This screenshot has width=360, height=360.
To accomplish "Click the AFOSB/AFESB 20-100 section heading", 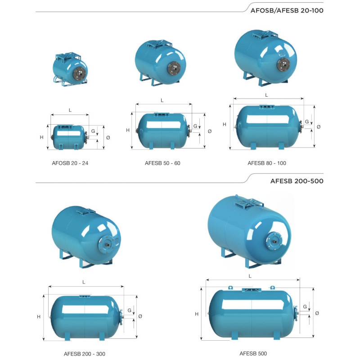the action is pos(287,10).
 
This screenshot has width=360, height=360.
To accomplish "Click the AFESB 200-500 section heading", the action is pos(297,181).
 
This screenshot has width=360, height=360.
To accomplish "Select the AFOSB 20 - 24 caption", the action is pos(70,163).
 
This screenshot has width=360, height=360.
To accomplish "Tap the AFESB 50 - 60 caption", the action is pos(162,163).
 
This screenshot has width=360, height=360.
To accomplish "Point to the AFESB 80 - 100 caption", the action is pos(267,163).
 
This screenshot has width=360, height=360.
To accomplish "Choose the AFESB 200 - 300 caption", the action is pos(85,354).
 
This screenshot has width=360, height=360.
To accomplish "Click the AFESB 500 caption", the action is pos(253,354).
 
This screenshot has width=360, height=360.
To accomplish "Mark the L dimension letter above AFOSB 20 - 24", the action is pos(70,110).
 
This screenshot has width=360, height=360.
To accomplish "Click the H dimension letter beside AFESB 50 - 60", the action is pos(128,130).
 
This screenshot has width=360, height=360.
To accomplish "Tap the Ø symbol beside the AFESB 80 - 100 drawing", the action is pos(319,127).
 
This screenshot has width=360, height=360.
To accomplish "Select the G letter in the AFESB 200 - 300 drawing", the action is pos(130,310).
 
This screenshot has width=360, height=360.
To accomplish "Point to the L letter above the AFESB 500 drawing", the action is pos(250,276).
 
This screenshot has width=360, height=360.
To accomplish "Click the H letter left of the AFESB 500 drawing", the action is pos(197,314).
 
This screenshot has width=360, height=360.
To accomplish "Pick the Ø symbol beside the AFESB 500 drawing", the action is pos(317,313).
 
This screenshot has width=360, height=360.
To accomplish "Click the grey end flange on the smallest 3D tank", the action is pos(80,74).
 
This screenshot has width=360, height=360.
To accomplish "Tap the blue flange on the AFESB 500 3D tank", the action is pos(274,241).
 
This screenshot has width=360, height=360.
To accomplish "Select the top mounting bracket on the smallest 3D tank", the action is pos(68,57).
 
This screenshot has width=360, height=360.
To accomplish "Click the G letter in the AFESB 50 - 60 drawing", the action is pos(195,126).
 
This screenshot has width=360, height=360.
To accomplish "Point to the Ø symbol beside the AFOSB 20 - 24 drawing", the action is pos(108,138).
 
